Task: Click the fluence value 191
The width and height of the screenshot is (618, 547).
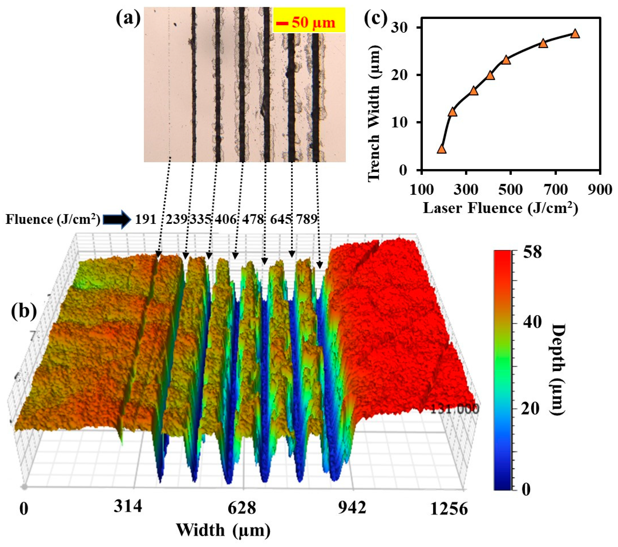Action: click(146, 219)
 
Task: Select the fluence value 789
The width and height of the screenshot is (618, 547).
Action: click(306, 219)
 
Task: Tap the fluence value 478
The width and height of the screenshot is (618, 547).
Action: click(253, 219)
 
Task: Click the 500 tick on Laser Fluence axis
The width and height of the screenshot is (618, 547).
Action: click(511, 190)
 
